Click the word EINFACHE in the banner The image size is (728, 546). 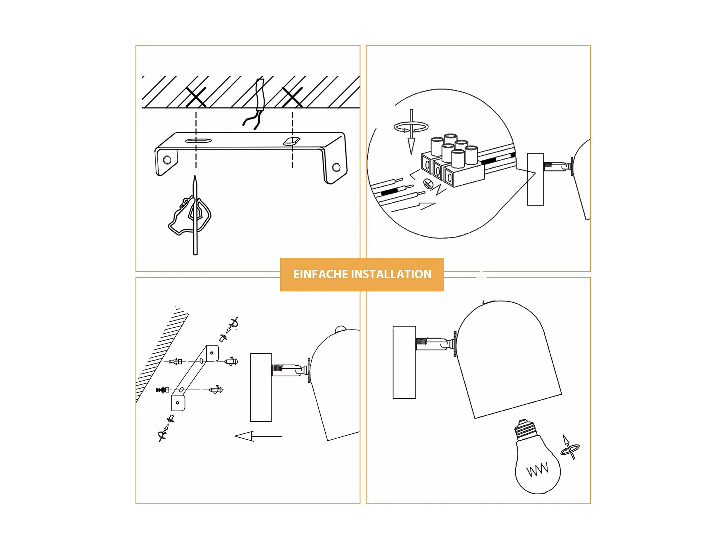point(321,274)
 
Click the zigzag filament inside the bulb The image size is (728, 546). point(537,469)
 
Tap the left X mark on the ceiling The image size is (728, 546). point(196,97)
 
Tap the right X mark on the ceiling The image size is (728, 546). point(293,97)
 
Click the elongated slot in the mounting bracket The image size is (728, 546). point(198,141)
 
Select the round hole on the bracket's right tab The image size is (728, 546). point(336,167)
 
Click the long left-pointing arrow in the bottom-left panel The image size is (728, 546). point(258,436)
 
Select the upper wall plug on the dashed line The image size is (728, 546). point(175,362)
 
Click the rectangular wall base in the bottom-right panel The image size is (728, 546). point(404,362)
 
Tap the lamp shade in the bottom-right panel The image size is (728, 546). point(507,359)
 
